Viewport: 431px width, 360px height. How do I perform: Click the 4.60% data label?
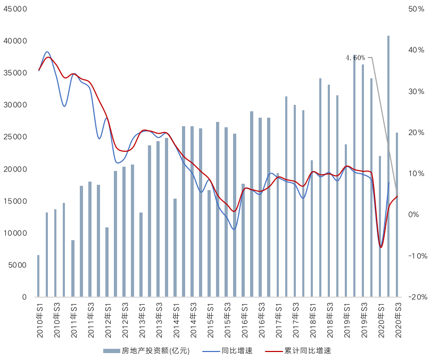[355, 58]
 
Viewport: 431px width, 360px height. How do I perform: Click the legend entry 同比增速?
[238, 351]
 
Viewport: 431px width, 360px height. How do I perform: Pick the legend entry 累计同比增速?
[308, 351]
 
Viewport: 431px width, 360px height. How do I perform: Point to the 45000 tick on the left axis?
[15, 9]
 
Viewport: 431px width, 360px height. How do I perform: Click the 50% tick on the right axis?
[416, 9]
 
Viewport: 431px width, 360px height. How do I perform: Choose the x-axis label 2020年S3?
[397, 319]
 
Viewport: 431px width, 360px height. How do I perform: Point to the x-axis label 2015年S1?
[210, 319]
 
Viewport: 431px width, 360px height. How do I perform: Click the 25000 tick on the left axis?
[15, 137]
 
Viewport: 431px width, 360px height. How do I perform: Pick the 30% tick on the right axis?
[416, 92]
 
